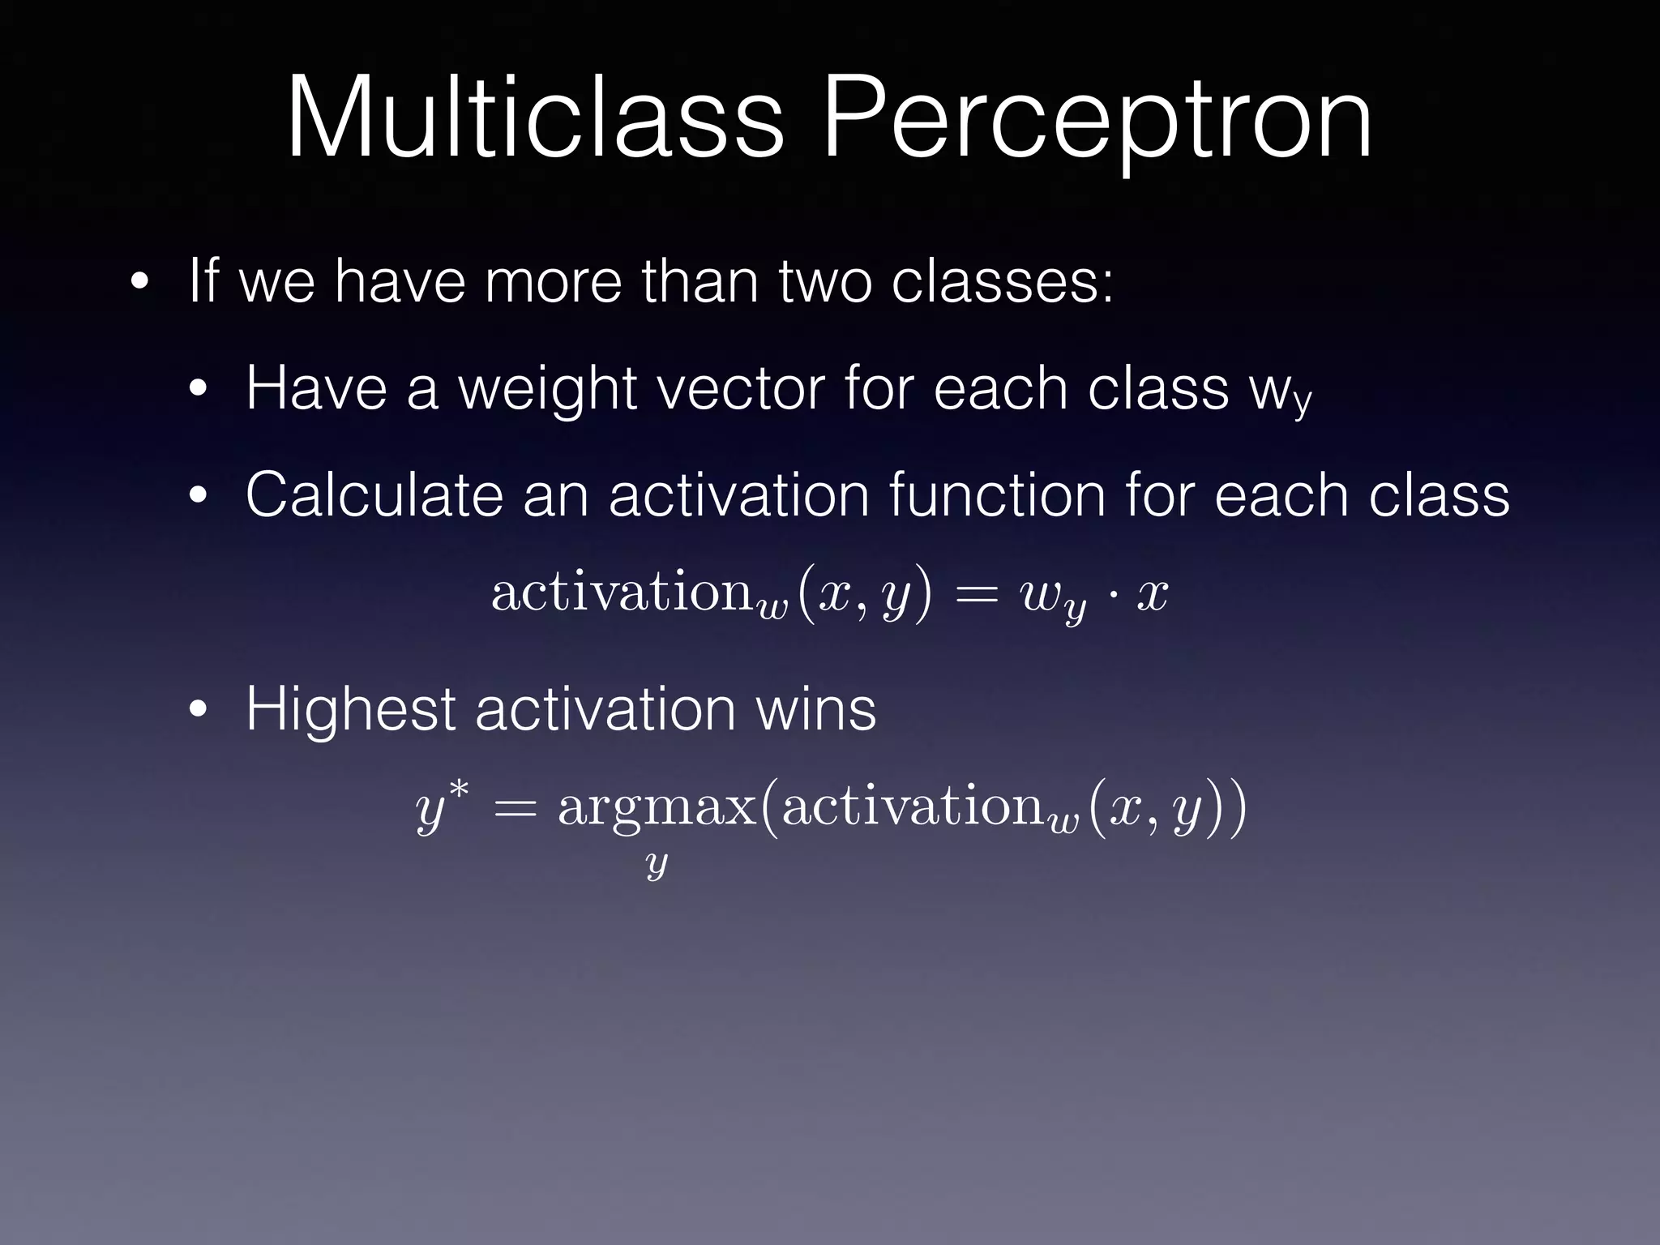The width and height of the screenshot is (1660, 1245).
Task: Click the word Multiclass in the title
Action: [x=535, y=118]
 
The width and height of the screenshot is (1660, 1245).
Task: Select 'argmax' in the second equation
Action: [x=657, y=809]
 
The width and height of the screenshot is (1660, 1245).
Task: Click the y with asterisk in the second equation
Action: [x=440, y=807]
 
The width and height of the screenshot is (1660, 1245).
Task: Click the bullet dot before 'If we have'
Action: [x=139, y=283]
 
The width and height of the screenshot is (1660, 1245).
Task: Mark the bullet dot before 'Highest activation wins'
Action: [x=198, y=711]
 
